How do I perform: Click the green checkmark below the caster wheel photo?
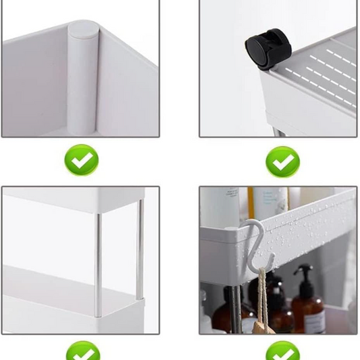click(x=282, y=162)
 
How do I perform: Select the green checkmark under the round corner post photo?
click(x=81, y=161)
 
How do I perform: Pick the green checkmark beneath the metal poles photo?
click(x=82, y=353)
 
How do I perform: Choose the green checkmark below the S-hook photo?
click(x=282, y=353)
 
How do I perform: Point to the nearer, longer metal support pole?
click(x=98, y=263)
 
